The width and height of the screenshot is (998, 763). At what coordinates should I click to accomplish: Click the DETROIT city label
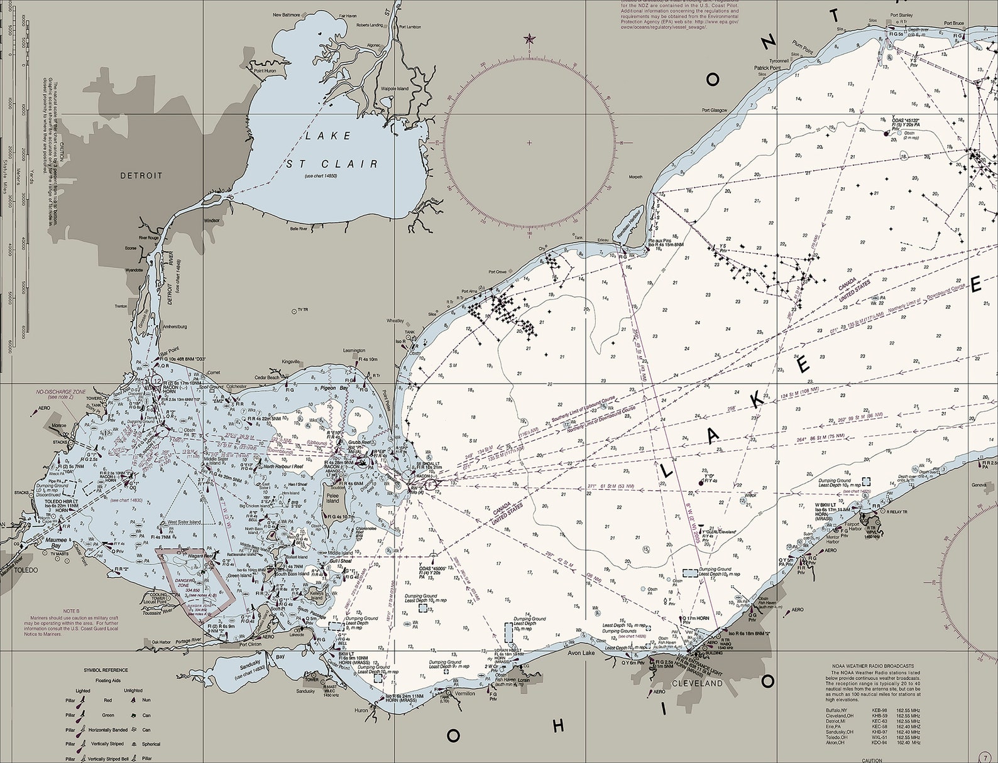(141, 176)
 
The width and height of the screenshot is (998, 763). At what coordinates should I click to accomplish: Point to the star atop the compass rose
(529, 40)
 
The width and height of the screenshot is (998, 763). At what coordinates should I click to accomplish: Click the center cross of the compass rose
(529, 143)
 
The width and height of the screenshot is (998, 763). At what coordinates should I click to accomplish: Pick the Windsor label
(211, 220)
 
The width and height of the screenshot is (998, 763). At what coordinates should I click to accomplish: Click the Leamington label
(354, 350)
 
